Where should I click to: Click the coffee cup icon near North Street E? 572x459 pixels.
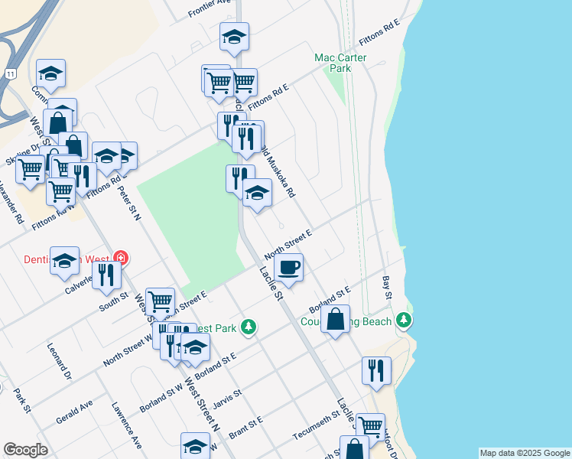[288, 269]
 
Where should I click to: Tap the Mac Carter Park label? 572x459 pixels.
[340, 63]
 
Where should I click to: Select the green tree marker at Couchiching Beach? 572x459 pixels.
[404, 321]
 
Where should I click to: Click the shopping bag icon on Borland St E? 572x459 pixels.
[336, 320]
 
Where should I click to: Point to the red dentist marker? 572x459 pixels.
[120, 258]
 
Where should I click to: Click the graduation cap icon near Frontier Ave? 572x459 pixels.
[234, 37]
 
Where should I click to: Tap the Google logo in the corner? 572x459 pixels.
[25, 450]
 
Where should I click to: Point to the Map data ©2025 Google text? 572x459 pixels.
[525, 453]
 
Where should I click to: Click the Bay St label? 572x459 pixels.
[387, 289]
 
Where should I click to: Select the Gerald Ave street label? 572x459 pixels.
[74, 412]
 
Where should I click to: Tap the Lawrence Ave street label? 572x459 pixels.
[125, 425]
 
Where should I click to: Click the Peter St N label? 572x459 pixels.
[128, 202]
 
